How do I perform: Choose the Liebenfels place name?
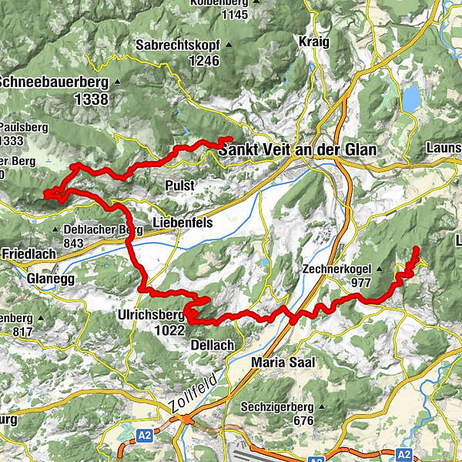pos(182,223)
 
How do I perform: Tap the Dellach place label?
pos(210,346)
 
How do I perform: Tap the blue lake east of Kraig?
pos(412,98)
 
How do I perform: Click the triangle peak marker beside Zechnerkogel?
pos(378,269)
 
